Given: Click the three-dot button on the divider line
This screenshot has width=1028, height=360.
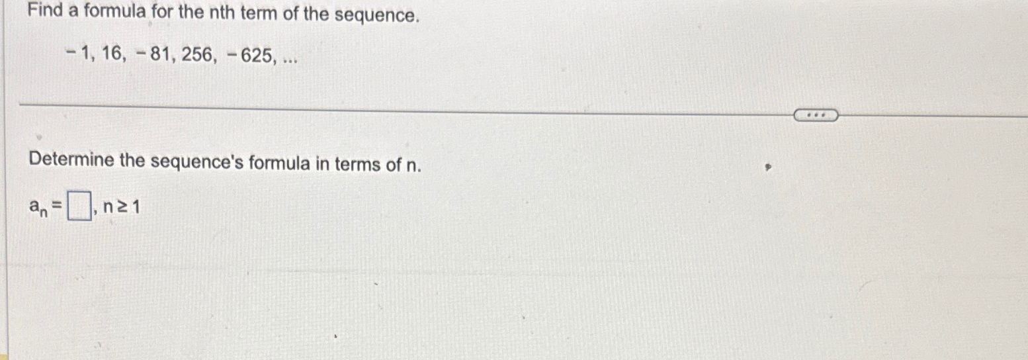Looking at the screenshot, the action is (816, 116).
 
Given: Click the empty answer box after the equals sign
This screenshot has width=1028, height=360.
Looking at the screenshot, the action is (80, 209).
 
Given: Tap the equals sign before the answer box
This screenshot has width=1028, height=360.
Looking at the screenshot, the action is (58, 208).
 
